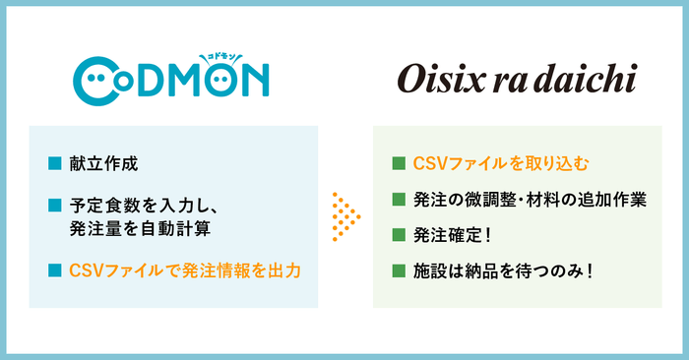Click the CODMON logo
coord(172,78)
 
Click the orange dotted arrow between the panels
coord(344,216)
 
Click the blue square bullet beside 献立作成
coord(55,163)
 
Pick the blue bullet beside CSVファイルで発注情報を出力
coord(55,269)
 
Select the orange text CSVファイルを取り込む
coord(502,162)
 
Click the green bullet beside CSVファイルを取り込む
coord(398,162)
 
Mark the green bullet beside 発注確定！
coord(398,234)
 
